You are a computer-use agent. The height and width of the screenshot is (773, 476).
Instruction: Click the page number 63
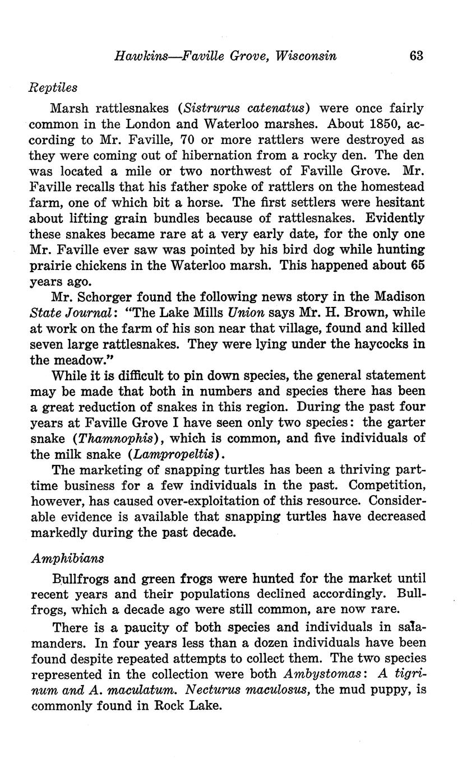coord(416,55)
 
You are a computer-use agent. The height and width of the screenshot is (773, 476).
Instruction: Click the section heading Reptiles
coord(53,88)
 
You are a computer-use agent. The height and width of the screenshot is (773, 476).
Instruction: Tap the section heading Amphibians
coord(68,558)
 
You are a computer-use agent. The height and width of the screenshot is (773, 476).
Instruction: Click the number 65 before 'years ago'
coord(417,264)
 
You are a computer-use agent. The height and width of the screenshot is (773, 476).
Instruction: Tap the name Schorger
coord(109,296)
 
